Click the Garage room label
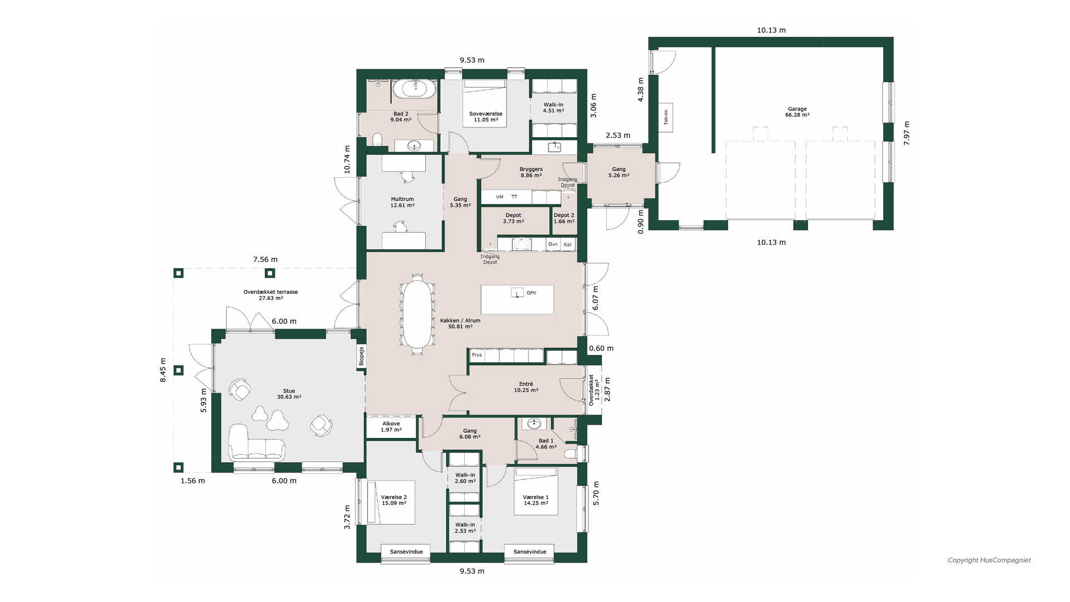click(x=797, y=112)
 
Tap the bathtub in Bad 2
click(x=415, y=89)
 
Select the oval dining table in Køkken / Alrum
click(x=417, y=314)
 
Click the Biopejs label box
click(x=361, y=356)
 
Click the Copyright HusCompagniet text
click(x=989, y=560)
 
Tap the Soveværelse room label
click(x=485, y=116)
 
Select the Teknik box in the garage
click(x=665, y=117)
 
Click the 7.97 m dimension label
click(x=906, y=133)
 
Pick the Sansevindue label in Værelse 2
click(x=406, y=551)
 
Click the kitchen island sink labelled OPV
click(x=518, y=292)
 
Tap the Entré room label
click(x=526, y=387)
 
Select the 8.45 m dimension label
click(x=163, y=370)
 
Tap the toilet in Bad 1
click(x=571, y=454)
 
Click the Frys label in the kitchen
click(x=476, y=355)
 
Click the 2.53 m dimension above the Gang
click(x=618, y=135)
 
